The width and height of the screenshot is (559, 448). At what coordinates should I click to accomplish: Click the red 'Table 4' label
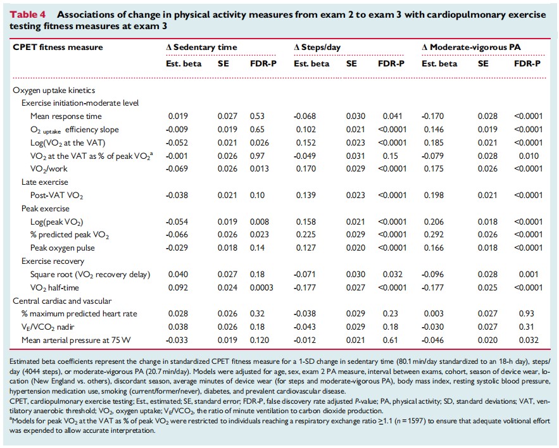(28, 15)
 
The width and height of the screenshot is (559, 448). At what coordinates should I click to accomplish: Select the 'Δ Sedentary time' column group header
(201, 47)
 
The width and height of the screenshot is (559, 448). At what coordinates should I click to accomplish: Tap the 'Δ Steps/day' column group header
(317, 47)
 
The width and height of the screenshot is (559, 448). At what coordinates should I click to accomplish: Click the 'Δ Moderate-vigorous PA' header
(471, 47)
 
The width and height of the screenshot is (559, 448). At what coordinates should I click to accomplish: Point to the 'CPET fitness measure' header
(58, 47)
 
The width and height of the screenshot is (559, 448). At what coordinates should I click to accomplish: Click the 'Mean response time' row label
(66, 116)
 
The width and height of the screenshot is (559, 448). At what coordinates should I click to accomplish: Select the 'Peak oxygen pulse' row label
(63, 247)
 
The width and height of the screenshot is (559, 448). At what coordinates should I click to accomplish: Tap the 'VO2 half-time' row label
(54, 288)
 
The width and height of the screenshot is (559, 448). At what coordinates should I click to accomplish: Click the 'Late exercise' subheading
(44, 182)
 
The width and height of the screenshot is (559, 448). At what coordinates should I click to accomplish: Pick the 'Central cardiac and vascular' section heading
(62, 301)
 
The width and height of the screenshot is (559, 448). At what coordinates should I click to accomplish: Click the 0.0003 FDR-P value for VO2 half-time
(261, 288)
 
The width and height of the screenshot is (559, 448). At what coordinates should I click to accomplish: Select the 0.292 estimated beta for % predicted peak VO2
(434, 235)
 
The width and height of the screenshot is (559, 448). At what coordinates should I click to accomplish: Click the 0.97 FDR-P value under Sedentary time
(257, 156)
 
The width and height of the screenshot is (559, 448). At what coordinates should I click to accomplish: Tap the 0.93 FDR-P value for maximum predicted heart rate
(526, 314)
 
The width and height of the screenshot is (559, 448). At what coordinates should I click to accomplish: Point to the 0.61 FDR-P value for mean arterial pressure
(390, 340)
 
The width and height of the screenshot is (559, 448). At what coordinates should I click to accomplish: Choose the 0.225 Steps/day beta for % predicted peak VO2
(306, 235)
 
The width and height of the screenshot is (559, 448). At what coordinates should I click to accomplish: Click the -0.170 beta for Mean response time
(432, 116)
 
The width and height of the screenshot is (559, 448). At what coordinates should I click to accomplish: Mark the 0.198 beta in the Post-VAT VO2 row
(434, 196)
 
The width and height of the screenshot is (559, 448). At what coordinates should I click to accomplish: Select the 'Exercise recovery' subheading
(53, 261)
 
